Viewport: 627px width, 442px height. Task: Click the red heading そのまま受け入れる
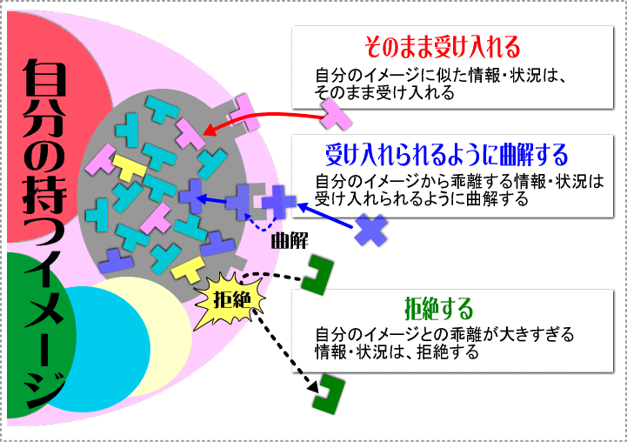(x=443, y=47)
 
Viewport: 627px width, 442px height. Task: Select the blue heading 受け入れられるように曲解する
(x=447, y=154)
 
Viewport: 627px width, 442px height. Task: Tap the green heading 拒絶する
(x=438, y=308)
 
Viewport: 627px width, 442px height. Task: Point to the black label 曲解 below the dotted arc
(x=290, y=241)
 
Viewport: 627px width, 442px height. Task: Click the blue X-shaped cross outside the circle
(x=371, y=230)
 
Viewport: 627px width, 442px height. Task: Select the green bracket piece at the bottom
(x=329, y=394)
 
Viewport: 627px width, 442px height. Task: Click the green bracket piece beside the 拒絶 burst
(x=317, y=275)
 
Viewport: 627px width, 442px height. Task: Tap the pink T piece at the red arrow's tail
(x=335, y=114)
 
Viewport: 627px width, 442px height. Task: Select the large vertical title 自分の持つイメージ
(x=44, y=233)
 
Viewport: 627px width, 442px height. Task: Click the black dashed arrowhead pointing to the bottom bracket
(x=314, y=387)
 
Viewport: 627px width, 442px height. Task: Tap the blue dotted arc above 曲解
(x=261, y=224)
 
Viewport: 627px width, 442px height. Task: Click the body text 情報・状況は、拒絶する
(x=397, y=352)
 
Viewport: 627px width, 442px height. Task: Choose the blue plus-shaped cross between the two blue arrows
(x=278, y=202)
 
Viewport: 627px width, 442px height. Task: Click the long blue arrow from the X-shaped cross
(x=325, y=216)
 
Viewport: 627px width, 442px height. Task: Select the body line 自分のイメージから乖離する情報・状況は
(x=459, y=181)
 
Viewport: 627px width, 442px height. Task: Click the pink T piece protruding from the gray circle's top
(x=244, y=113)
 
